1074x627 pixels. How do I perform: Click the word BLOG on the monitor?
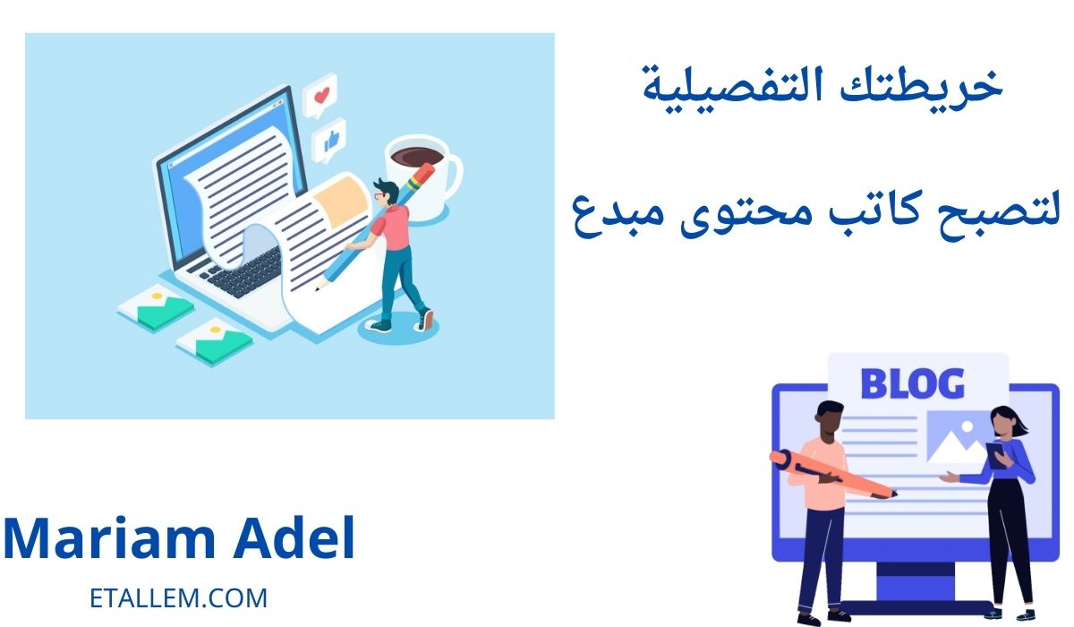[x=912, y=383]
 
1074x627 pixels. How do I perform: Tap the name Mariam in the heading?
[x=110, y=538]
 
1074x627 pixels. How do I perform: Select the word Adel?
[x=294, y=537]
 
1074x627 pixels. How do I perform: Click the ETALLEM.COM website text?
[x=178, y=598]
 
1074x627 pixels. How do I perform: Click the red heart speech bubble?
[x=320, y=95]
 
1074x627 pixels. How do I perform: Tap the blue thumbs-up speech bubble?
[x=329, y=140]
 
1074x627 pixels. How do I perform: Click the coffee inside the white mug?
[x=416, y=157]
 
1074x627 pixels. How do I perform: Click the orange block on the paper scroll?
[x=340, y=202]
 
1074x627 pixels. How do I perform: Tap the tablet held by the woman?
[x=995, y=455]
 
